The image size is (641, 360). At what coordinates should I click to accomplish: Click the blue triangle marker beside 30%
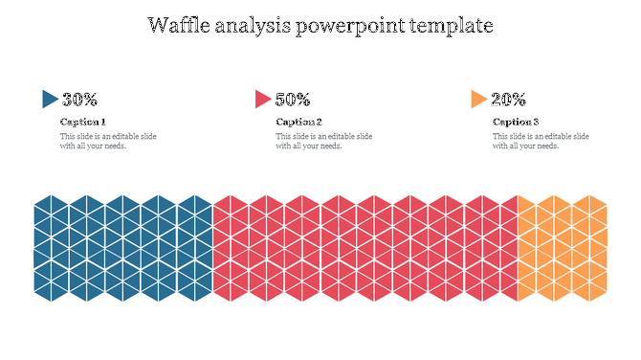pos(50,99)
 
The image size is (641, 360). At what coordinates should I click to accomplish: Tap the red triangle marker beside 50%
pos(262,99)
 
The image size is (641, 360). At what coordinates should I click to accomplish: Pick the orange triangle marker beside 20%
pos(478,99)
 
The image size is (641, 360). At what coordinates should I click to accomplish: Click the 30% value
pos(79,99)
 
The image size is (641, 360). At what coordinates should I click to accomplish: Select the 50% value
pos(292,99)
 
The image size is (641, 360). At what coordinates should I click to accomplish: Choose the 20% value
pos(508,99)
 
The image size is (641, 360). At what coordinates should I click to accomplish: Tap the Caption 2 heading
pos(298,122)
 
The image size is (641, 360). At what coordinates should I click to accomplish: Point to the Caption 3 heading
pos(516,122)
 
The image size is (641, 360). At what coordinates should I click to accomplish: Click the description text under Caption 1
pos(107,141)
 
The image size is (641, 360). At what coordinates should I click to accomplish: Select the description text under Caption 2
pos(323,141)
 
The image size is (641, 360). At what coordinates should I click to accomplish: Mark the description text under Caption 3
pos(541,141)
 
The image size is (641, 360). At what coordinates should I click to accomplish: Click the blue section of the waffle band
pos(122,246)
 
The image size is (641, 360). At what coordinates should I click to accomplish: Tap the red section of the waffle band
pos(364,246)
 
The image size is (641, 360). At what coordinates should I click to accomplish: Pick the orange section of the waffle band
pos(563,246)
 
